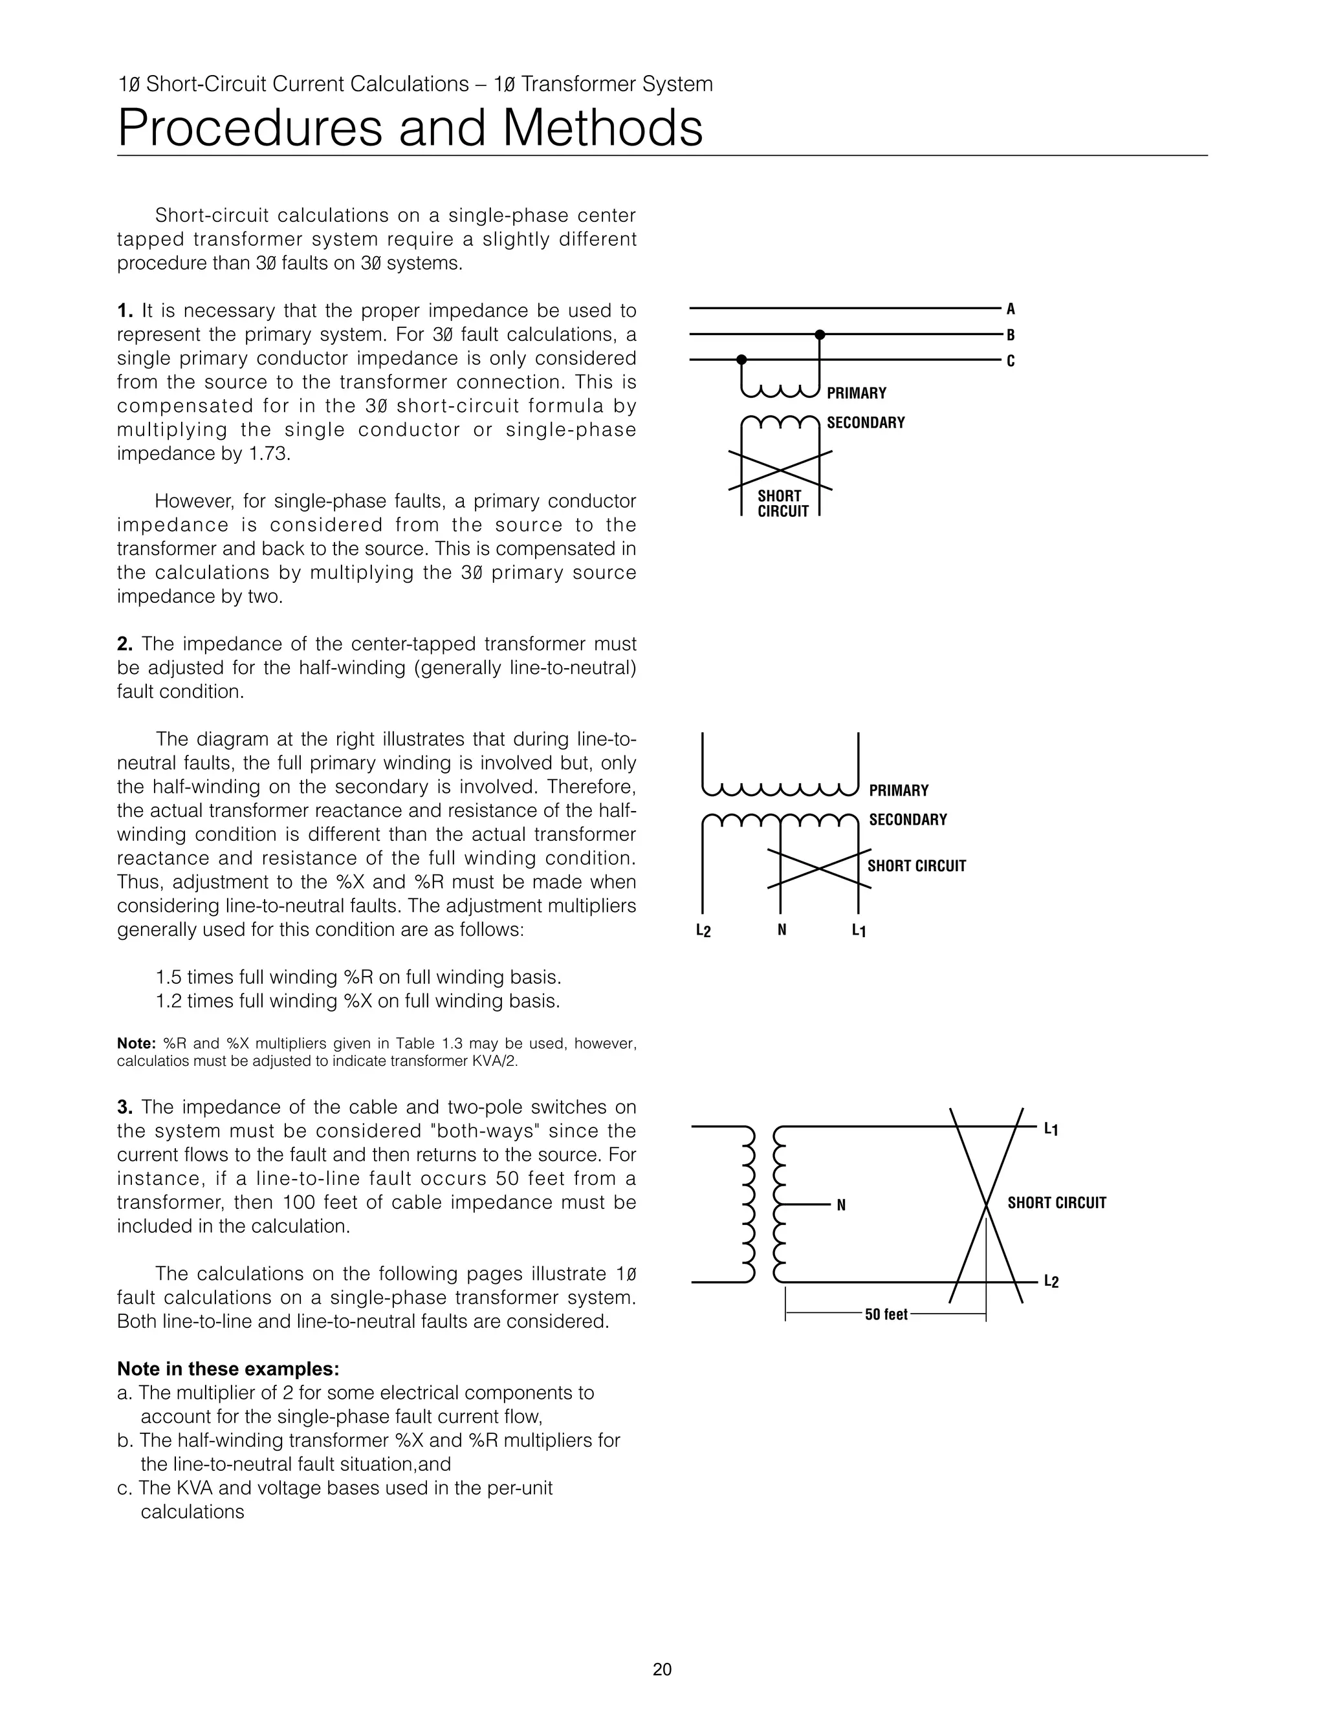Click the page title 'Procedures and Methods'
coord(410,128)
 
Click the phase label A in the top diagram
coord(1011,309)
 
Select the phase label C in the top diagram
coord(1011,361)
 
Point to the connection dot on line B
coord(820,335)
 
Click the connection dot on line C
coord(741,360)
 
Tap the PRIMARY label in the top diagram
coord(857,393)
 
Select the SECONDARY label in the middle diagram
coord(908,819)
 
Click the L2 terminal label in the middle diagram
coord(703,931)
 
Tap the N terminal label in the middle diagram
coord(782,930)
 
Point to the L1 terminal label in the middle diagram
coord(859,931)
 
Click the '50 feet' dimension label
coord(886,1314)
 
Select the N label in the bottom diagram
coord(842,1206)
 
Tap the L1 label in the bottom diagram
coord(1051,1129)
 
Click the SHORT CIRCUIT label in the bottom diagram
coord(1057,1203)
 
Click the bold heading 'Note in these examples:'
coord(228,1369)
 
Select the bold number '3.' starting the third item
coord(126,1107)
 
